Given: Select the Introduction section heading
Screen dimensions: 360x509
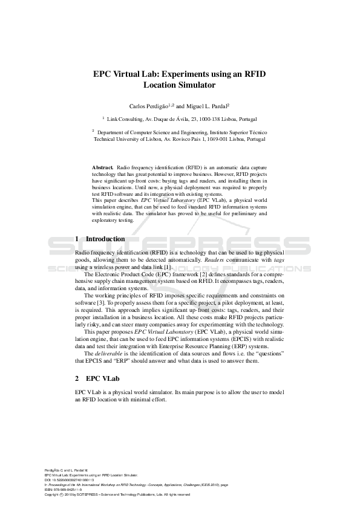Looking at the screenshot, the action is (105, 239).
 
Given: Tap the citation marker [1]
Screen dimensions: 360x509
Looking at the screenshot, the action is (168, 267).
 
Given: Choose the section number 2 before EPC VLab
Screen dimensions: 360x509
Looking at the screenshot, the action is (77, 378).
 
